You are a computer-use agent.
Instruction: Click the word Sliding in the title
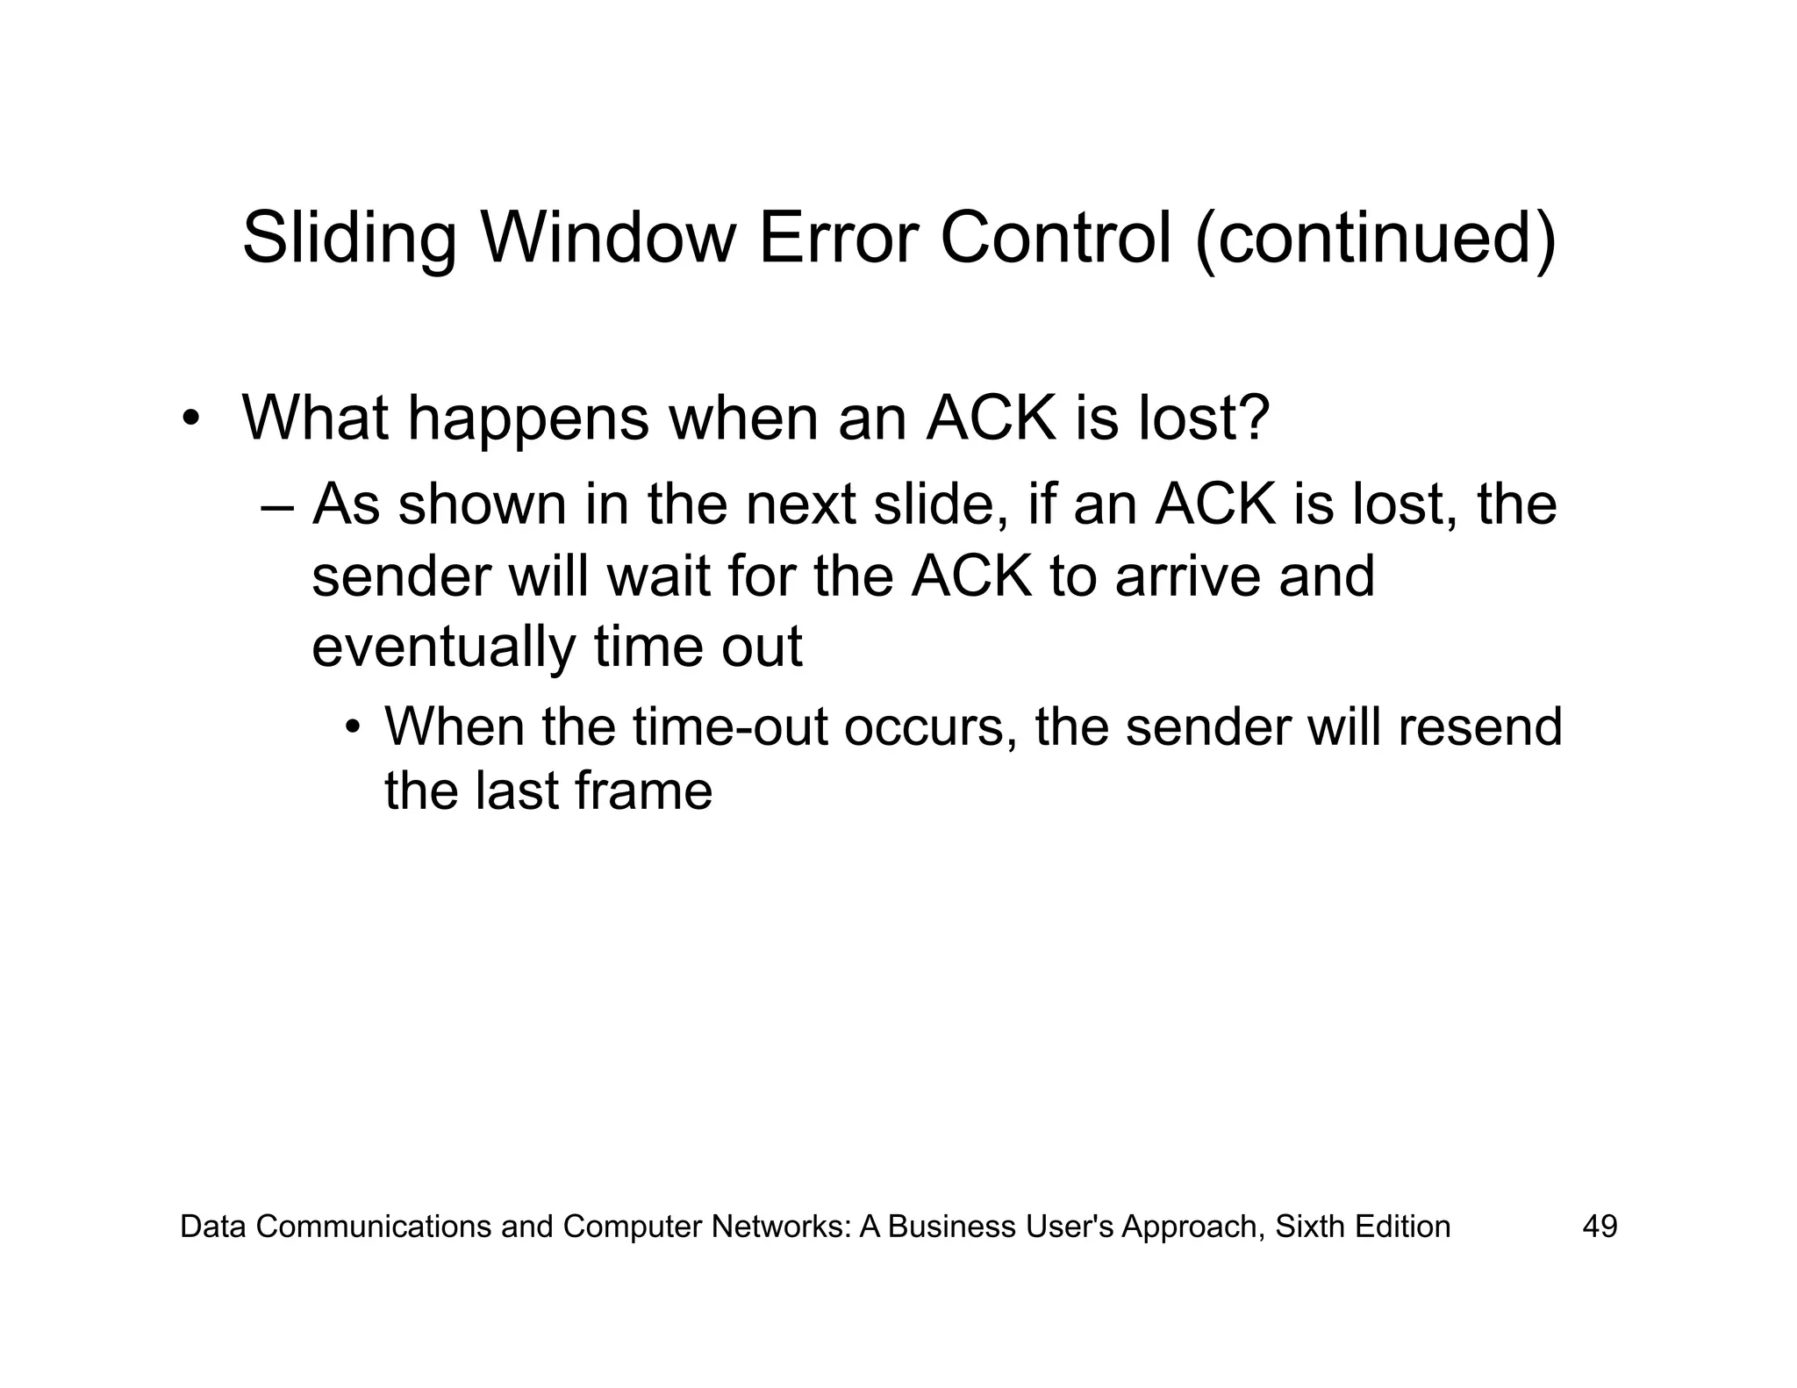pyautogui.click(x=348, y=239)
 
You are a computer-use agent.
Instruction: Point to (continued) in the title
pyautogui.click(x=1376, y=239)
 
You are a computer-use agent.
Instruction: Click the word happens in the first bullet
pyautogui.click(x=528, y=419)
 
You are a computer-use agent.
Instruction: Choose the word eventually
pyautogui.click(x=443, y=648)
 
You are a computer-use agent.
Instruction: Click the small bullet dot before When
pyautogui.click(x=353, y=727)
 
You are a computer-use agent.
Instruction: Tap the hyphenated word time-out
pyautogui.click(x=730, y=727)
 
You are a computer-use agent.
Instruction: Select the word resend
pyautogui.click(x=1479, y=727)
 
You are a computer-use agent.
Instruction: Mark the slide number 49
pyautogui.click(x=1600, y=1226)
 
